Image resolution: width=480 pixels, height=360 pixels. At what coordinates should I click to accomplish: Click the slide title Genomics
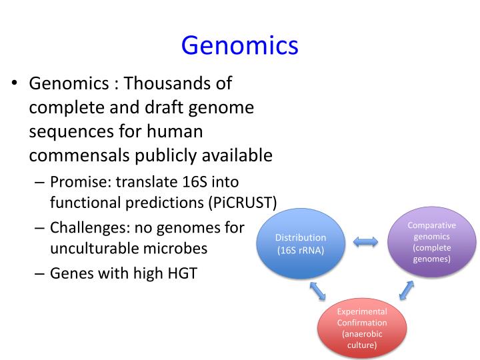tap(239, 45)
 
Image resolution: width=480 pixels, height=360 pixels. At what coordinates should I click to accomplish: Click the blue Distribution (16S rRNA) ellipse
tap(301, 243)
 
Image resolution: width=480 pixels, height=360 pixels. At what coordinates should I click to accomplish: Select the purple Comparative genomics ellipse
tap(431, 241)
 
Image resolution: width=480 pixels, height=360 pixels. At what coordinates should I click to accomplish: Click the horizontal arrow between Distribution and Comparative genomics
tap(365, 243)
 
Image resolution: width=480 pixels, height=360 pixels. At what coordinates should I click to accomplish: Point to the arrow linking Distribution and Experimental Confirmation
tap(318, 289)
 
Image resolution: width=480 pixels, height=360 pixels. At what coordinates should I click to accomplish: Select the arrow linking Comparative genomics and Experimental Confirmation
tap(406, 289)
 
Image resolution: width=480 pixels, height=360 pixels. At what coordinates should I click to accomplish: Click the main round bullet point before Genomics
tap(14, 85)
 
